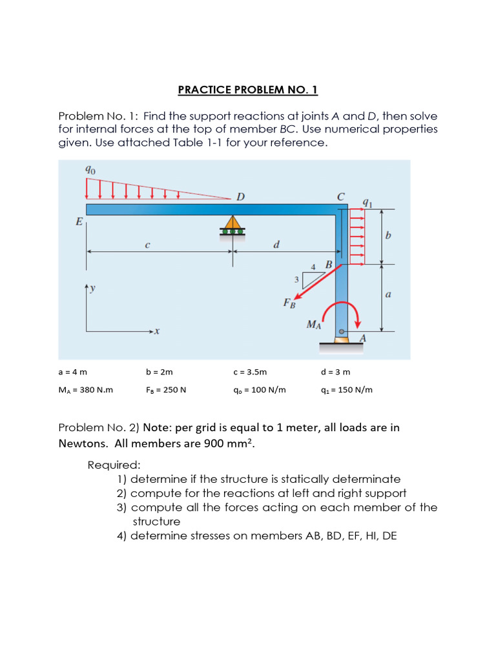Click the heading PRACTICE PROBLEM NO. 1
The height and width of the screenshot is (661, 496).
[x=248, y=90]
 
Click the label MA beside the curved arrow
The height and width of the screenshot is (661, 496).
[x=314, y=324]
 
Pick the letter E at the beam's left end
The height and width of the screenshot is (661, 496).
[x=79, y=222]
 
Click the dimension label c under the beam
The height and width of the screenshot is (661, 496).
[x=148, y=244]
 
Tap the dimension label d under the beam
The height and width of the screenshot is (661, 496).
[x=276, y=244]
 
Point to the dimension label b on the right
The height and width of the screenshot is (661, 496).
[x=387, y=236]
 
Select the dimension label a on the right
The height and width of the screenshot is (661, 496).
[x=387, y=294]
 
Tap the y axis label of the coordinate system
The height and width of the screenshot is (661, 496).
[x=92, y=289]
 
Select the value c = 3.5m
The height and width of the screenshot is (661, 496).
[x=250, y=372]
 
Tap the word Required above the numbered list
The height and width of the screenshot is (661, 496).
[x=114, y=465]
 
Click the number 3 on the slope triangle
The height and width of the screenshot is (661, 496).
[x=296, y=279]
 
